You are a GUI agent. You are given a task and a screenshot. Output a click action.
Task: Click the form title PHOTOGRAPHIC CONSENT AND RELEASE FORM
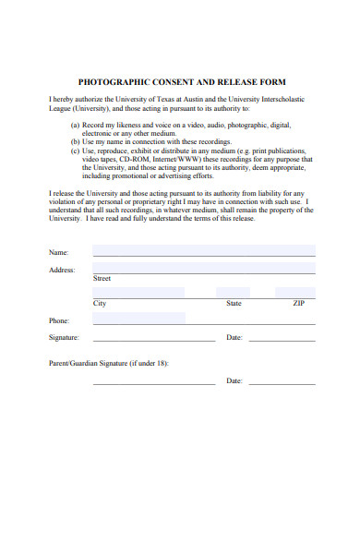click(x=182, y=81)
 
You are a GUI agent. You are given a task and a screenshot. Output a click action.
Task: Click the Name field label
click(x=58, y=251)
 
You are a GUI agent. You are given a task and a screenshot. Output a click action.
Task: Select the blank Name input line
click(x=203, y=250)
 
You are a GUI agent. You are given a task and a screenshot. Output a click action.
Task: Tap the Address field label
click(x=61, y=270)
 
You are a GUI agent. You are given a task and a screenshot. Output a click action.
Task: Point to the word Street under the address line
click(x=102, y=278)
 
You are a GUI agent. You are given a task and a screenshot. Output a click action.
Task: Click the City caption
click(x=100, y=303)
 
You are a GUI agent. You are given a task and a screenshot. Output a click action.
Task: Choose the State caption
click(x=234, y=303)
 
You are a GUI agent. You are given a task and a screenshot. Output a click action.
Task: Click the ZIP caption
click(x=298, y=303)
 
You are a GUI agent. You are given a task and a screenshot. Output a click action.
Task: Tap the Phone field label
click(x=58, y=320)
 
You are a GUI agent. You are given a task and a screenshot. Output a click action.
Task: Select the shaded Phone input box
click(x=138, y=319)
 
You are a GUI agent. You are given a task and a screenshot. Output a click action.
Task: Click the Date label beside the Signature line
click(x=234, y=337)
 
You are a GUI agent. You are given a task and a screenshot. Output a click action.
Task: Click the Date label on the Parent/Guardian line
click(x=234, y=380)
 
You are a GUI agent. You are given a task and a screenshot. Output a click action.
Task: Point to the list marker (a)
click(x=76, y=125)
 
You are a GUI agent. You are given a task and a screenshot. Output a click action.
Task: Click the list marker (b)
click(x=76, y=141)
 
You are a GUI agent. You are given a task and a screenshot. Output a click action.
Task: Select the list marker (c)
click(x=76, y=150)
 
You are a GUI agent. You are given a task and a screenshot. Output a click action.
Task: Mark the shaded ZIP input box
click(x=295, y=293)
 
